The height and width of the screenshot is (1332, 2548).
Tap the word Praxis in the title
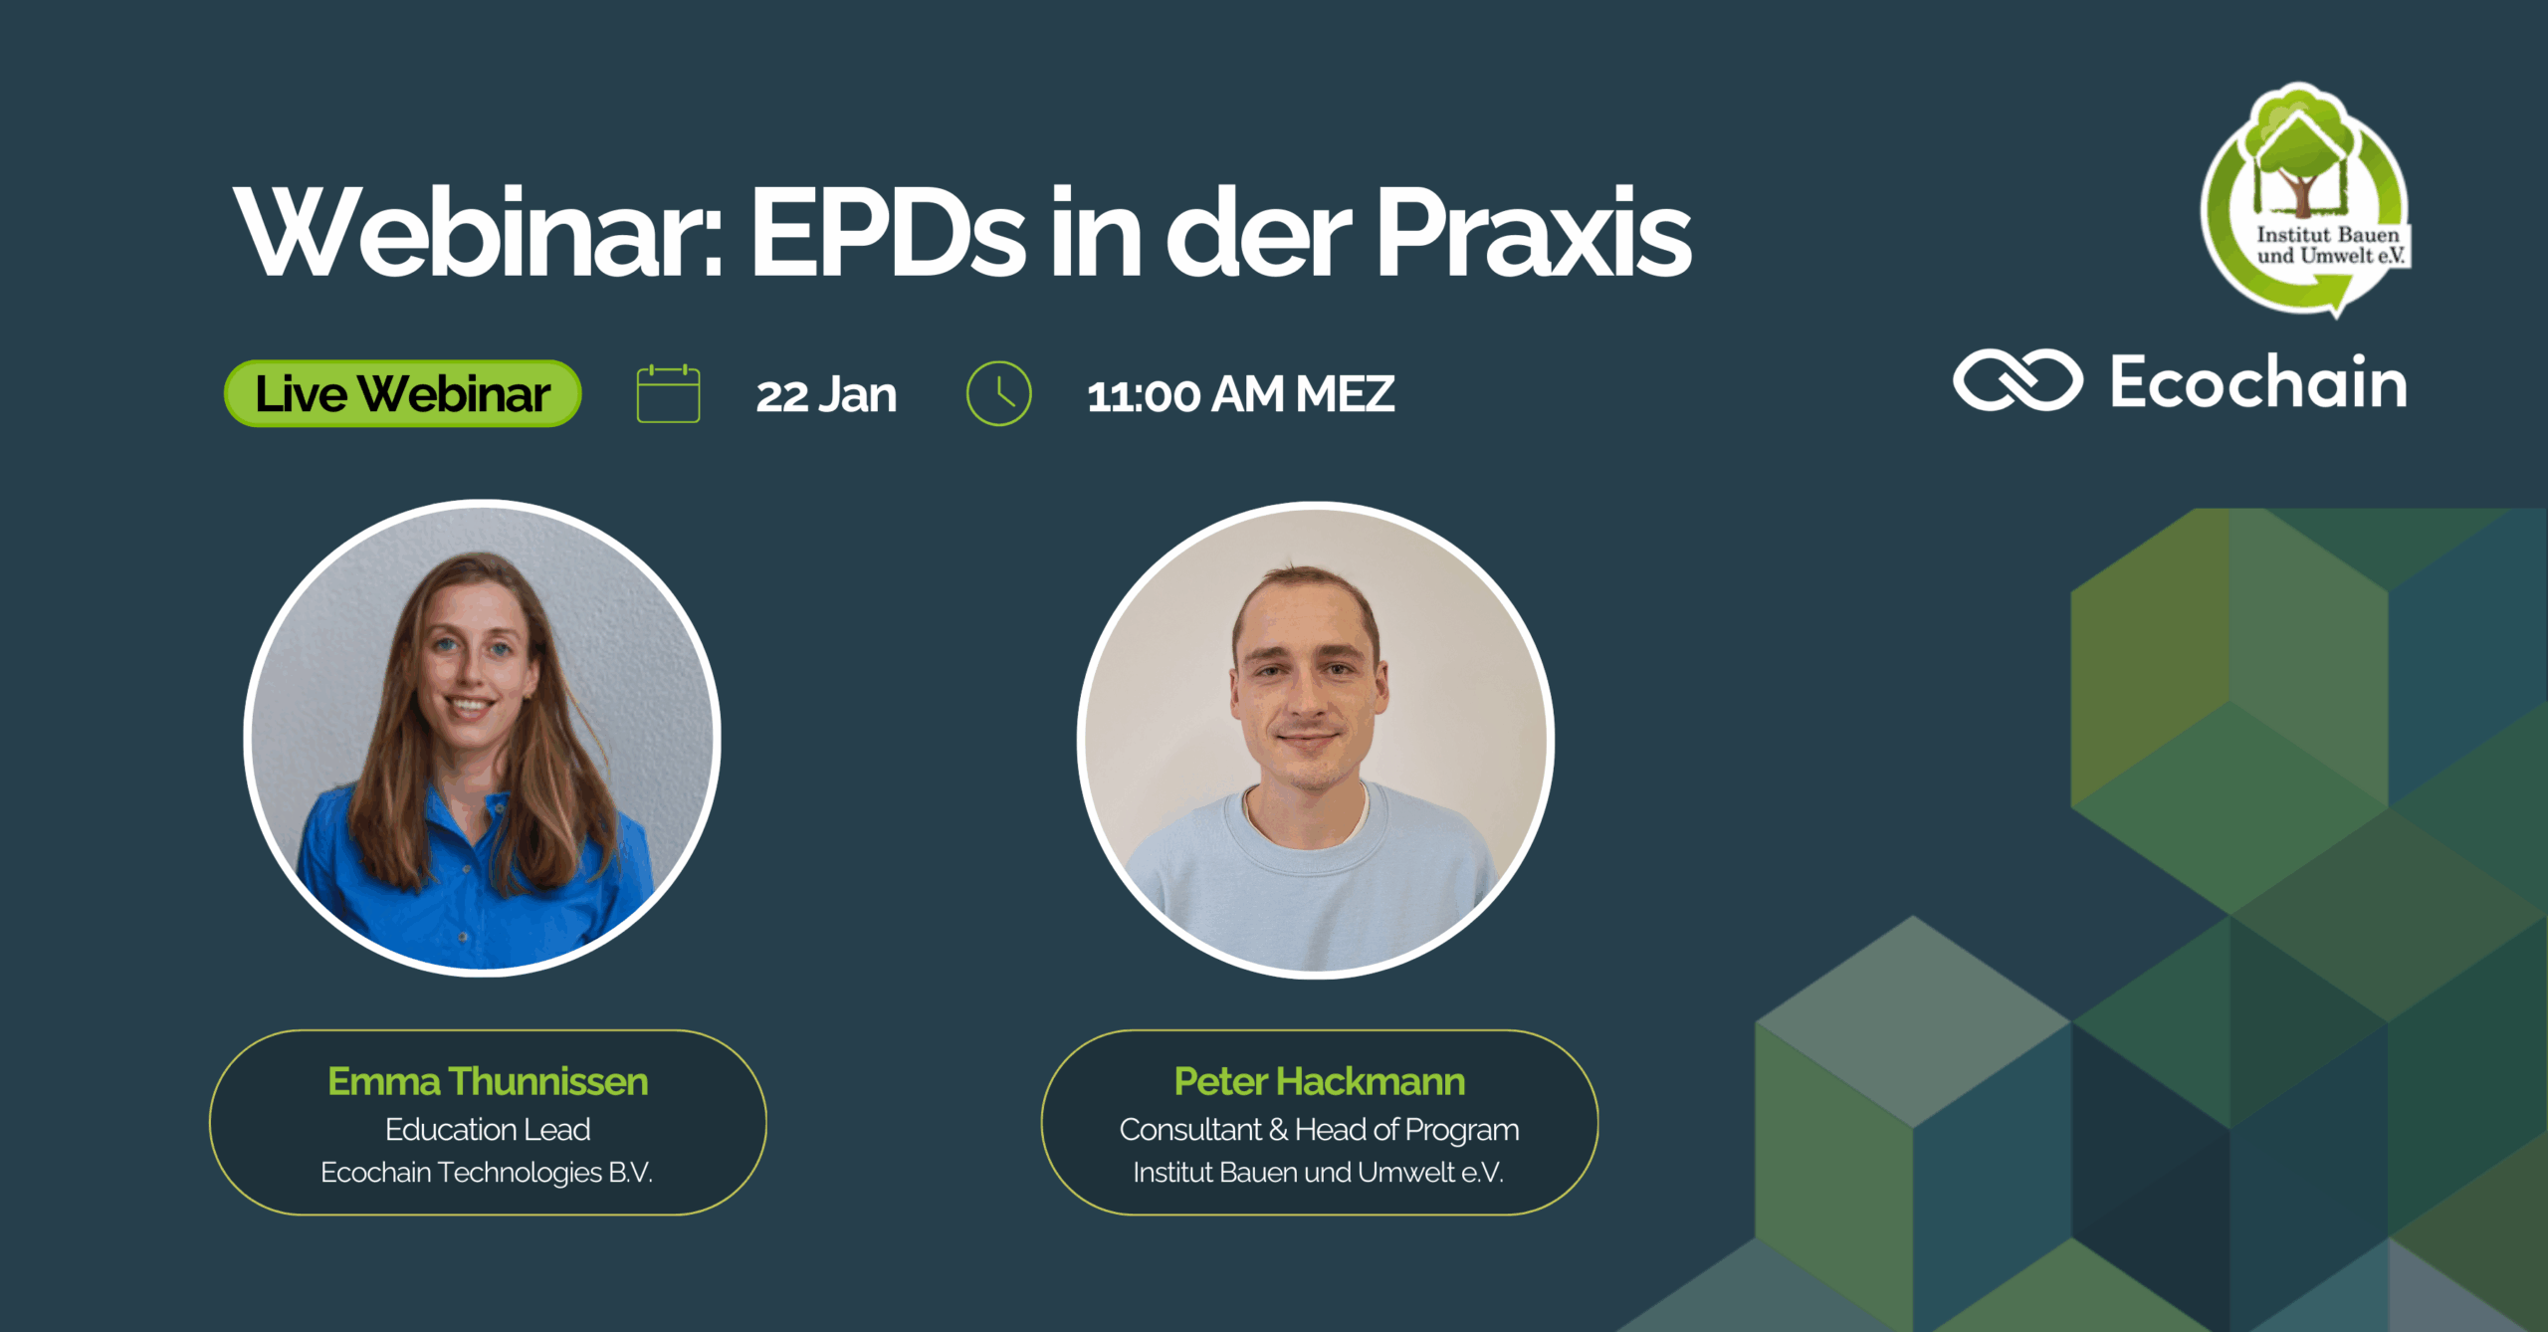(x=1533, y=233)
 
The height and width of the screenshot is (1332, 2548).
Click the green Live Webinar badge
(x=403, y=393)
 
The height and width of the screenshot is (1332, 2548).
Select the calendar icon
(x=668, y=394)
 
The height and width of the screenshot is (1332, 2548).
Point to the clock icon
(x=998, y=393)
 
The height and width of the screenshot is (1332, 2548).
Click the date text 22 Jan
(x=826, y=395)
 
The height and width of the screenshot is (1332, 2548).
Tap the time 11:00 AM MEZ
(x=1240, y=395)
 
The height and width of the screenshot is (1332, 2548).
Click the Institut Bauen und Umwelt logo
(x=2305, y=199)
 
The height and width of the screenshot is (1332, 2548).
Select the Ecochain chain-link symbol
(x=2017, y=380)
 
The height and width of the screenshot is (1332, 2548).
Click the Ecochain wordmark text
(x=2258, y=381)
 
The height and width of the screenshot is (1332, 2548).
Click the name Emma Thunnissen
(x=488, y=1081)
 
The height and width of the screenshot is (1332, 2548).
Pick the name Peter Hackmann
(x=1319, y=1081)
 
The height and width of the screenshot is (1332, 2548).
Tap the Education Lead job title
(x=488, y=1129)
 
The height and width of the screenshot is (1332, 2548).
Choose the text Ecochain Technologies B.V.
(x=487, y=1172)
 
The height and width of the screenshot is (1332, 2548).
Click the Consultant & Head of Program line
(x=1319, y=1130)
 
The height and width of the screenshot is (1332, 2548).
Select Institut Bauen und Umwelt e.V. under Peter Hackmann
(x=1319, y=1172)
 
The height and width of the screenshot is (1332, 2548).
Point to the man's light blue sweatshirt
(x=1314, y=886)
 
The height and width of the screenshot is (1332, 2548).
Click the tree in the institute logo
(x=2299, y=154)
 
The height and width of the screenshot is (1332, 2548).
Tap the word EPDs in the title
(x=887, y=233)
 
